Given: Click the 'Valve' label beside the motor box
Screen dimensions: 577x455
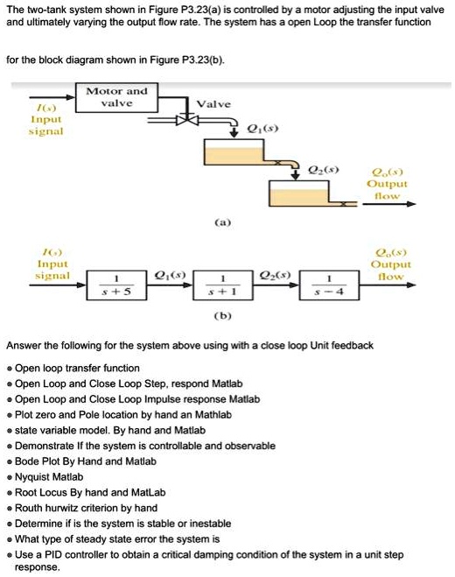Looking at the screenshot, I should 213,103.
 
